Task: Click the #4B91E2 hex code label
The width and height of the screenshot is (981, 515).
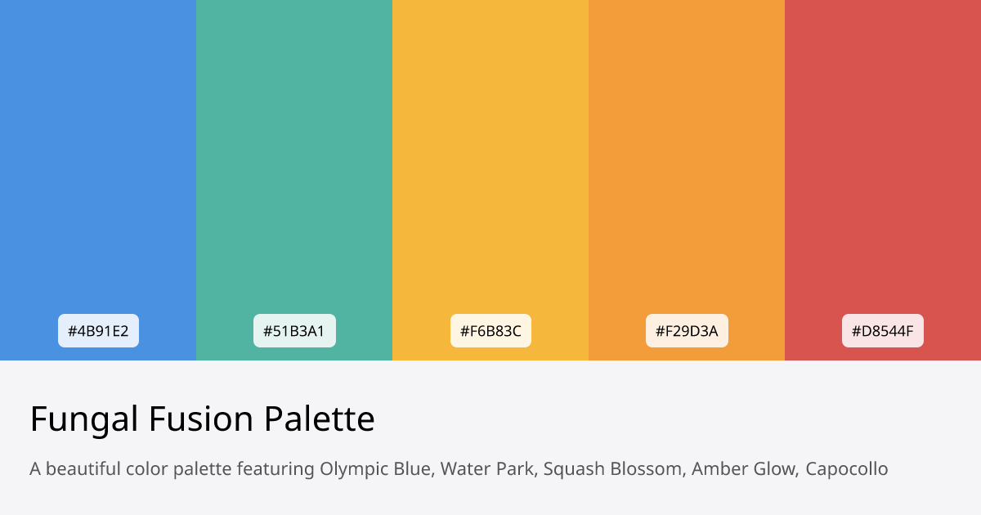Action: [x=98, y=331]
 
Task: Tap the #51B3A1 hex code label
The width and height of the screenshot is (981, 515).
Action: [x=294, y=331]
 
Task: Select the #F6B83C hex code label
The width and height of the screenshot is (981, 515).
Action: [x=490, y=331]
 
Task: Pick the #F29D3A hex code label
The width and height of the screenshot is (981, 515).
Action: [x=687, y=331]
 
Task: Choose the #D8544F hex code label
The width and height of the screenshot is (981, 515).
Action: [x=883, y=331]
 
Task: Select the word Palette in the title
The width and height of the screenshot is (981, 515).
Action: [x=320, y=420]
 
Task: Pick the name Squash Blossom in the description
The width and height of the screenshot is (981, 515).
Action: [x=612, y=469]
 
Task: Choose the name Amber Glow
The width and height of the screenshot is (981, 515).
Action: [x=743, y=469]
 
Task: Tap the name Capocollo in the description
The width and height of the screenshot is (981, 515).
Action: [x=847, y=469]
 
